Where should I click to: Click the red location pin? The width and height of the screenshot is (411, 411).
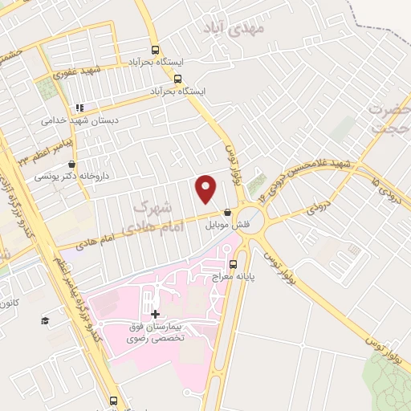(206, 188)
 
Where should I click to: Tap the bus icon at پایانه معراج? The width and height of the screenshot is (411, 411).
(233, 263)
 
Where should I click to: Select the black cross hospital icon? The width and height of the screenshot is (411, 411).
(155, 313)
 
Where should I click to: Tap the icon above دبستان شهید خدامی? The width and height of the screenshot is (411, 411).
(79, 108)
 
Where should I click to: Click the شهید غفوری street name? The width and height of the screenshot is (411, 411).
(79, 72)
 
